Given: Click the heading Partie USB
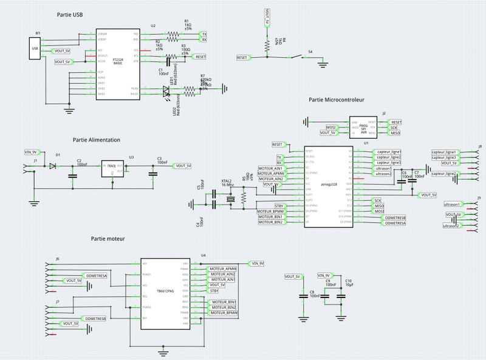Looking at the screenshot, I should (x=70, y=15).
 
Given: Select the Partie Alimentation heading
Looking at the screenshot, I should (x=97, y=140).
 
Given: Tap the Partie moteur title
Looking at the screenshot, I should (x=108, y=239).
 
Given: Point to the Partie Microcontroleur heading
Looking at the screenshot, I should (x=336, y=100).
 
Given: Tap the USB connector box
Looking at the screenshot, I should (x=35, y=48).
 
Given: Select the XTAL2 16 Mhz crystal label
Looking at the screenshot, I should (x=227, y=184).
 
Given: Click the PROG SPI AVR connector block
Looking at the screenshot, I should (x=363, y=126).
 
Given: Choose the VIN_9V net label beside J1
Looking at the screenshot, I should (x=31, y=151).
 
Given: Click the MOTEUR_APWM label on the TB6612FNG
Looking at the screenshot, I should (x=222, y=268).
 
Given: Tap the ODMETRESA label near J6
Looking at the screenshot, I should (x=96, y=275).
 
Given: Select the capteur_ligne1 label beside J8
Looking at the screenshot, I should (x=444, y=151).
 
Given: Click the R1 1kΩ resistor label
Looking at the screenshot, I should (x=188, y=24).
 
